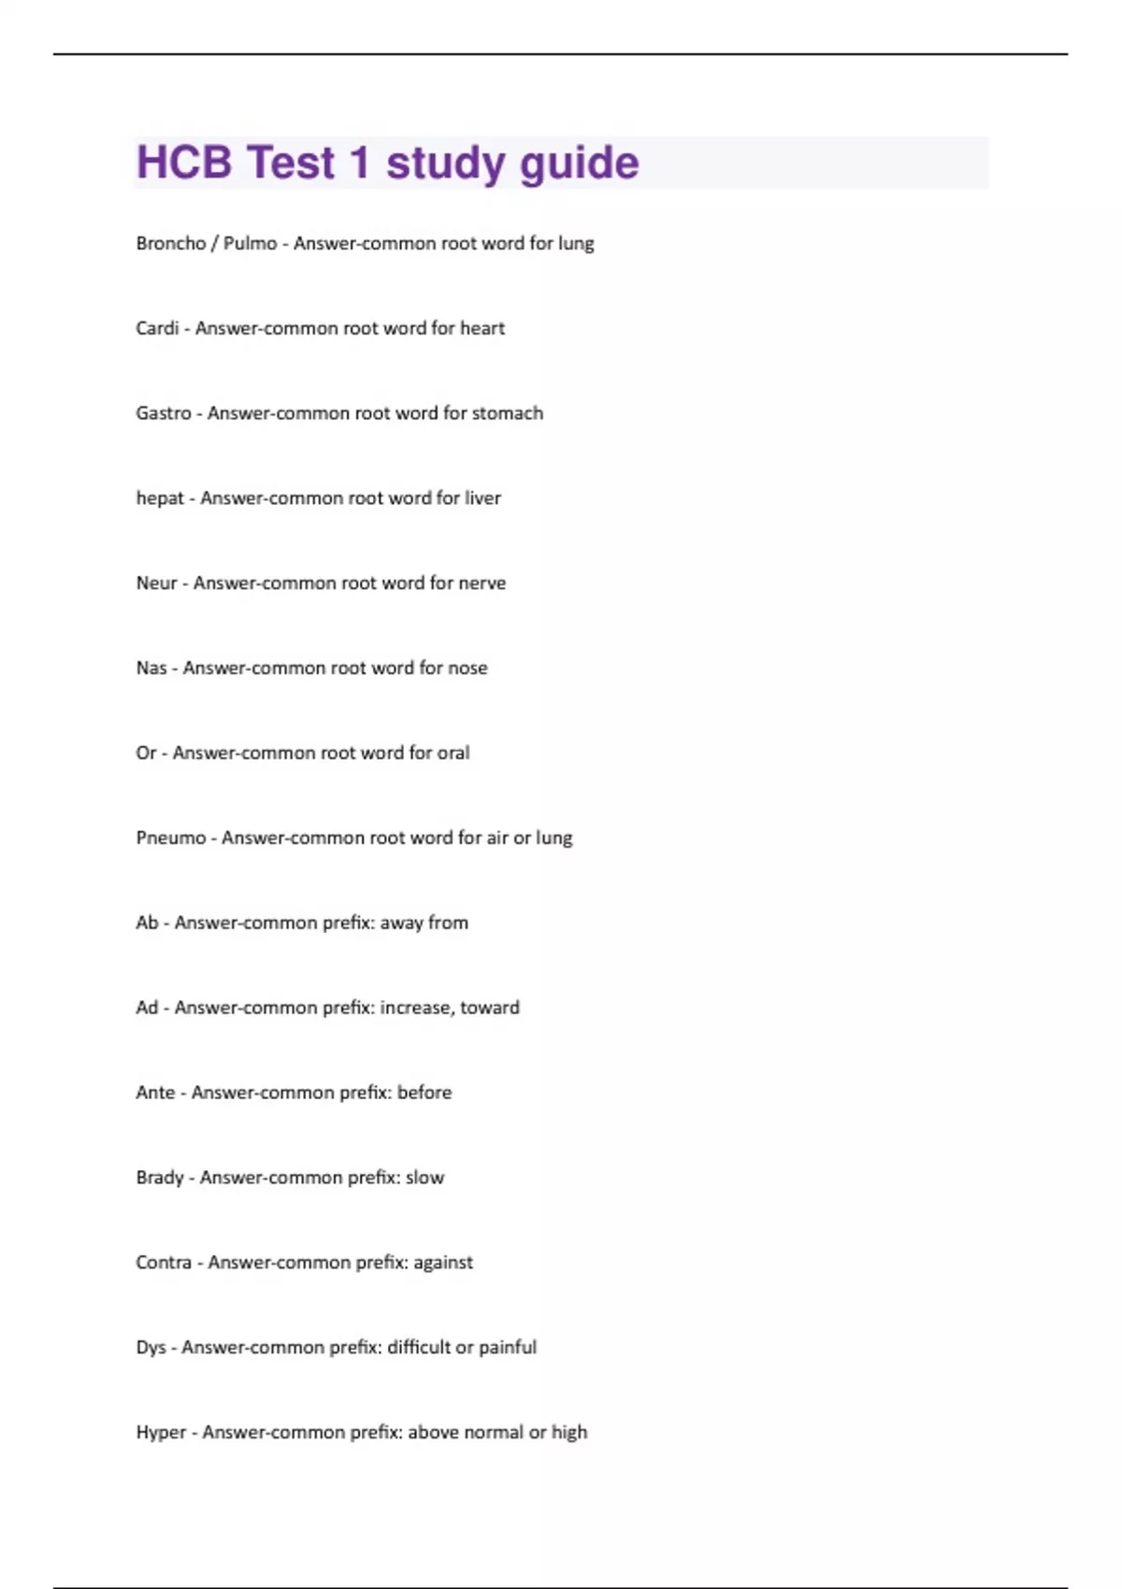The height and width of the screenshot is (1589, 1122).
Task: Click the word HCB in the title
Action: [184, 163]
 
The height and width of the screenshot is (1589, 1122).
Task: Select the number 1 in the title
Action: [360, 163]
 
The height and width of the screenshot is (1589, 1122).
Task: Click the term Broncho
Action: [170, 243]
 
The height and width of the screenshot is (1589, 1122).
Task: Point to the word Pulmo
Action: [250, 243]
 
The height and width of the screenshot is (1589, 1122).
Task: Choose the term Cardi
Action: [157, 328]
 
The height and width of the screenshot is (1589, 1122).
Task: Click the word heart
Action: [482, 328]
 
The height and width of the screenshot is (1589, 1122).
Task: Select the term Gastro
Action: [164, 413]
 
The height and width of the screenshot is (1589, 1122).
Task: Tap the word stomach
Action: [507, 413]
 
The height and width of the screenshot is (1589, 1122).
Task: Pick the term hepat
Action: [160, 498]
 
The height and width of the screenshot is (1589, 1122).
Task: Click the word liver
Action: [482, 498]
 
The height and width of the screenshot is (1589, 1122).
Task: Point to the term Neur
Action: [156, 583]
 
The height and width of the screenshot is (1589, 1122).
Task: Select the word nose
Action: [467, 668]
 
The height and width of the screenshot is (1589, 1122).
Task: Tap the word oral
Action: [453, 753]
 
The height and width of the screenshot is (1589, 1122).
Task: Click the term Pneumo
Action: [171, 838]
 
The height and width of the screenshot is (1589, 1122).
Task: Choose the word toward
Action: [490, 1008]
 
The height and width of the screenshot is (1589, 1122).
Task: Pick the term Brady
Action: [160, 1178]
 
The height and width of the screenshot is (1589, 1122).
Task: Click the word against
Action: [443, 1263]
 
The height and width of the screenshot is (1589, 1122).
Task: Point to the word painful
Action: [508, 1348]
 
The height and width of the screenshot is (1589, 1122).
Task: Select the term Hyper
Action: [161, 1433]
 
